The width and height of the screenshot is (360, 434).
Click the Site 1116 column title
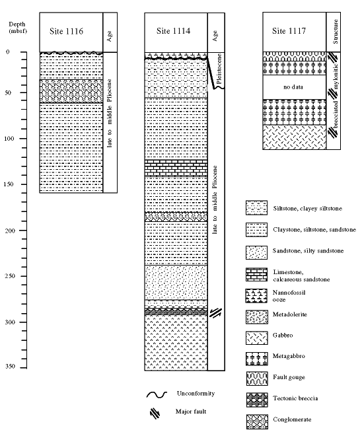point(67,31)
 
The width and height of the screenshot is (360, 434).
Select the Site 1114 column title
point(173,31)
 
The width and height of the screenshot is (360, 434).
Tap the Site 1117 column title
point(289,31)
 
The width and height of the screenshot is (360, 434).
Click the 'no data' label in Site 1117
point(293,87)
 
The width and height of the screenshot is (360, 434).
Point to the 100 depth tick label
point(9,139)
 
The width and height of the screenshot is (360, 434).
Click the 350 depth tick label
point(10,367)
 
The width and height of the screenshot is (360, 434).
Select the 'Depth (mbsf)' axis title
point(17,27)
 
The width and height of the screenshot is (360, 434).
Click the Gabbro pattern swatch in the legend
point(257,338)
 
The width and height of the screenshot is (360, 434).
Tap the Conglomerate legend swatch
point(257,422)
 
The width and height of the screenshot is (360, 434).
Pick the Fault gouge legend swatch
point(257,379)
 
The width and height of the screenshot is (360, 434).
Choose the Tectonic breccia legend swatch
point(257,400)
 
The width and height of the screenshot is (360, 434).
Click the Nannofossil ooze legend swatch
point(256,295)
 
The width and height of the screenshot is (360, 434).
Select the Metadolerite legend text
point(290,314)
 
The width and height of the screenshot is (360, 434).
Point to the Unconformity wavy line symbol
point(157,395)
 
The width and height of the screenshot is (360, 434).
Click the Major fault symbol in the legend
point(155,414)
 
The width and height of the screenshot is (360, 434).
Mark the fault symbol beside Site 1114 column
point(215,312)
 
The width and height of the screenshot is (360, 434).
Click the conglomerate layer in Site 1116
point(71,91)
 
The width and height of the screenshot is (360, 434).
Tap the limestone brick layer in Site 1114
point(176,168)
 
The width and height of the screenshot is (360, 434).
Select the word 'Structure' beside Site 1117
point(336,32)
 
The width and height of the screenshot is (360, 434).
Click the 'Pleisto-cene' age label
point(219,69)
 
